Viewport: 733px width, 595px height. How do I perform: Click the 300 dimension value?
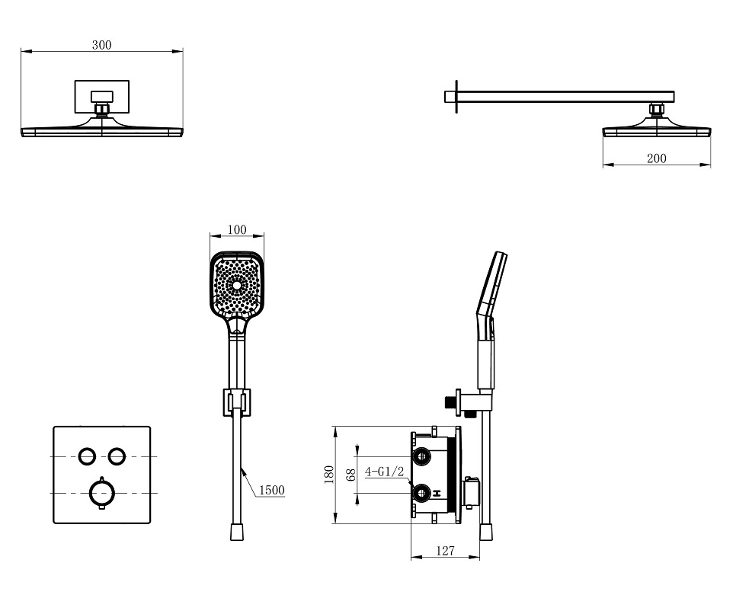point(101,45)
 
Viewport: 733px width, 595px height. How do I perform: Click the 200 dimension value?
point(656,158)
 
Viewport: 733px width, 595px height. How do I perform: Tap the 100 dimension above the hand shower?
point(237,229)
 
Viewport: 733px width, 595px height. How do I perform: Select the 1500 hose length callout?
point(271,491)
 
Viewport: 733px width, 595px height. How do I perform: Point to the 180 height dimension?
point(329,474)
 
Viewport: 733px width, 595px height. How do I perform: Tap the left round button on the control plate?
point(87,456)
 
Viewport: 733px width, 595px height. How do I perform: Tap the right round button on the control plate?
point(116,456)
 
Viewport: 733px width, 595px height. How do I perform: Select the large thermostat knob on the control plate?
point(101,492)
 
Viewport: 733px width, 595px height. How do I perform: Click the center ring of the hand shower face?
point(237,287)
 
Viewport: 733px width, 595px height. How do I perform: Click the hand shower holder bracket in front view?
point(236,401)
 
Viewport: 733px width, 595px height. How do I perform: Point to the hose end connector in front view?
point(236,531)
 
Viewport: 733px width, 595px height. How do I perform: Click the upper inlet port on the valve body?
point(422,457)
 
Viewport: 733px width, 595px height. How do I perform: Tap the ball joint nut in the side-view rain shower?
point(655,111)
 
